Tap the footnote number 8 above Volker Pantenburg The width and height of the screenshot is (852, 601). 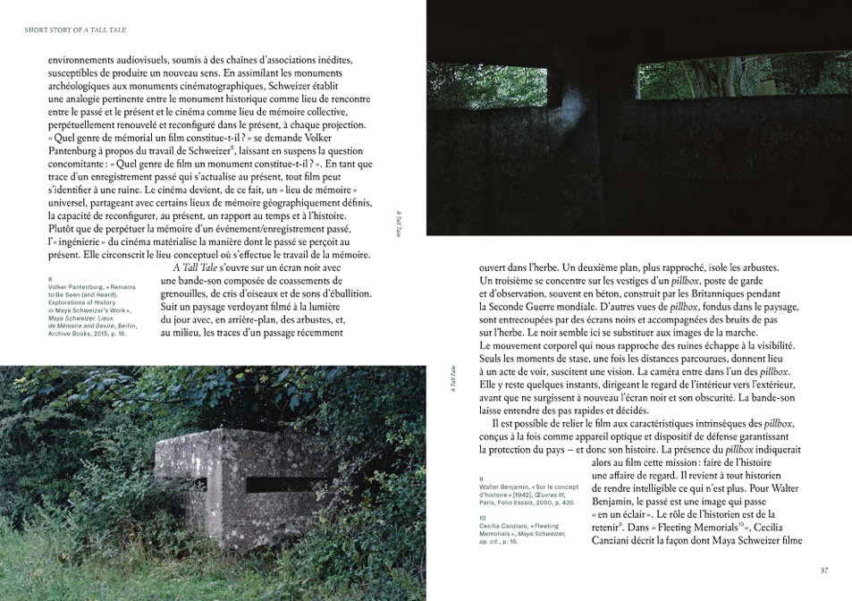tap(51, 278)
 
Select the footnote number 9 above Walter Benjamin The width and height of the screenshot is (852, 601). tap(482, 478)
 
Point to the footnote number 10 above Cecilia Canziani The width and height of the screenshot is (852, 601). tap(484, 517)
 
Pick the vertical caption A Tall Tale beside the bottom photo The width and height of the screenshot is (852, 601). tap(453, 379)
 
